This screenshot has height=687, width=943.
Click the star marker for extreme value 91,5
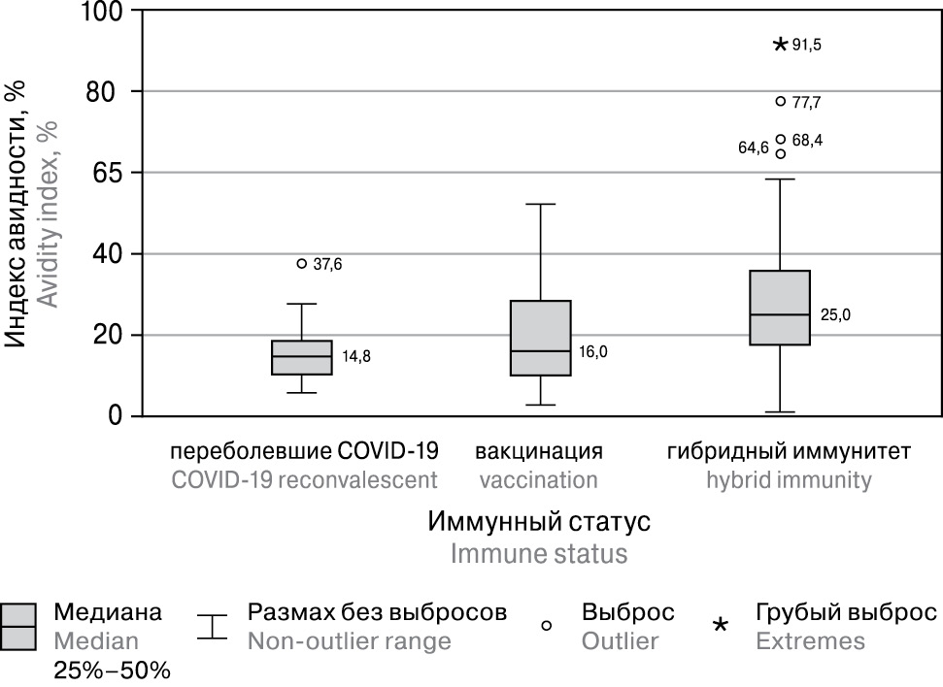tap(780, 45)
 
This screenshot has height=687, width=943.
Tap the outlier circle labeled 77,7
tap(781, 101)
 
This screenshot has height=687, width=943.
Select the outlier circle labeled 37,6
tap(302, 263)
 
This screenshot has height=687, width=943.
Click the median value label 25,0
tap(836, 314)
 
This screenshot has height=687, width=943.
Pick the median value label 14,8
tap(356, 356)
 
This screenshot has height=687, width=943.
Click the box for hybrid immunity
tap(780, 308)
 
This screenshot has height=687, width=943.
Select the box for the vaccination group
tap(541, 338)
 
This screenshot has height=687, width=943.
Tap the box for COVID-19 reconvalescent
tap(302, 356)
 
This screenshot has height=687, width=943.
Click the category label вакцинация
tap(539, 451)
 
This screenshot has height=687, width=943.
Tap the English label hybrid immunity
tap(789, 480)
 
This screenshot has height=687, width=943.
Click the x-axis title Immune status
tap(538, 553)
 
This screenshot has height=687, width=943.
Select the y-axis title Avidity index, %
tap(49, 213)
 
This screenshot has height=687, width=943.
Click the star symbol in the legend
tap(720, 626)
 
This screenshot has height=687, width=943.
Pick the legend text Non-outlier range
tap(349, 640)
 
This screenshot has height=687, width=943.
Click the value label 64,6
tap(754, 148)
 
